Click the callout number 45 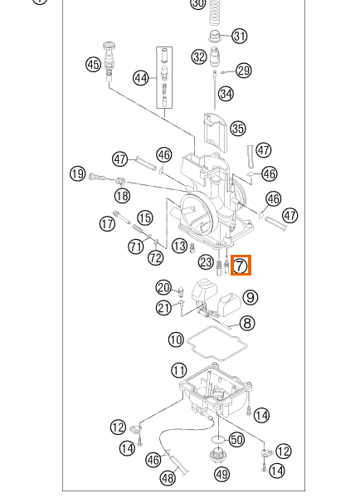click(94, 64)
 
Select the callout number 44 click(141, 78)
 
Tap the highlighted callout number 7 click(241, 265)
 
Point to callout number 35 click(238, 129)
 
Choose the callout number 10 click(176, 339)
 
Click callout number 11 click(178, 370)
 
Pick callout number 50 click(236, 440)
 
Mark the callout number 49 click(222, 475)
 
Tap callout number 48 click(168, 477)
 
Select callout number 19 click(78, 173)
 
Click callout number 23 click(206, 262)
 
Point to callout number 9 click(251, 297)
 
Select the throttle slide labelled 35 click(216, 134)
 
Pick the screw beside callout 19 click(97, 177)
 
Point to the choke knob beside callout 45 click(109, 61)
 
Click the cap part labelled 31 click(215, 35)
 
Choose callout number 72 click(156, 257)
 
